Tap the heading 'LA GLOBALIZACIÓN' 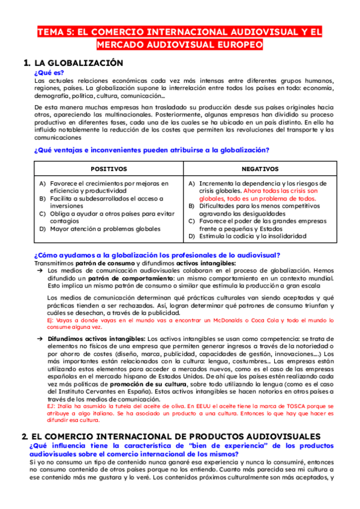click(x=79, y=63)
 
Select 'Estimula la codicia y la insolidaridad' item click(x=252, y=236)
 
